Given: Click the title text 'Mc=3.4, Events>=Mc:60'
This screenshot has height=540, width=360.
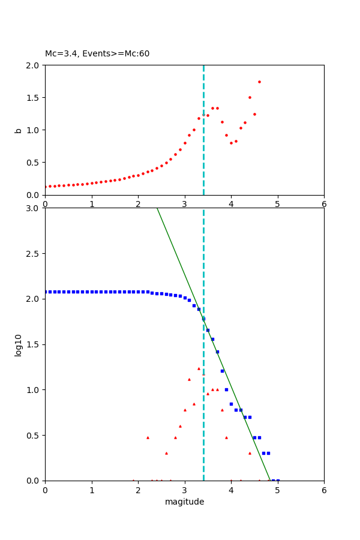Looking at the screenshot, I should point(97,54).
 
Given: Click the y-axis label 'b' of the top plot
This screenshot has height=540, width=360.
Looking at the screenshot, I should point(18,130).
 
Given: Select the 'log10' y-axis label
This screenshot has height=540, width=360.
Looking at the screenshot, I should point(18,345).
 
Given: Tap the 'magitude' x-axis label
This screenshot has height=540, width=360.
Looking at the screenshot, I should point(184,502).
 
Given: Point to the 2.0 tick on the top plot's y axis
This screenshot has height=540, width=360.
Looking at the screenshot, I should point(34,65).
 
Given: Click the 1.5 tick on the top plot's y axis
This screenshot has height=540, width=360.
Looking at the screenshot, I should point(34,97).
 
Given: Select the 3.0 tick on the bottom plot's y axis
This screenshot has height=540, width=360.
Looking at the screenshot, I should point(34,208).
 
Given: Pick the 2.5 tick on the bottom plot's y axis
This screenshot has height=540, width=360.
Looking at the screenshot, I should point(34,254).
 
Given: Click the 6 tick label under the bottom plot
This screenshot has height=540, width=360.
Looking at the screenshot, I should point(324,490).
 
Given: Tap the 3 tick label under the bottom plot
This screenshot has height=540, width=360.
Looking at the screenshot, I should point(185,490).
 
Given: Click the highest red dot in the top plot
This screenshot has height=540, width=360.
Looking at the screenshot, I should point(259,82).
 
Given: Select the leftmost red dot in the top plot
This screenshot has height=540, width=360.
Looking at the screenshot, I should point(46,187).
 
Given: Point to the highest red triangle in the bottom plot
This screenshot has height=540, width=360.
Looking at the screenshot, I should point(199,368).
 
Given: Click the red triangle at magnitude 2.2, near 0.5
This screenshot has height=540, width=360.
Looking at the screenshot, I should point(148,437).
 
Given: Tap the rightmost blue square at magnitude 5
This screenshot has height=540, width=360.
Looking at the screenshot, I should point(278,481).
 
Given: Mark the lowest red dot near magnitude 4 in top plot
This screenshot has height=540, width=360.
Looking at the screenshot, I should point(231,143).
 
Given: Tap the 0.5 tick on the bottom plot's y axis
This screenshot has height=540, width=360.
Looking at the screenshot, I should point(34,435).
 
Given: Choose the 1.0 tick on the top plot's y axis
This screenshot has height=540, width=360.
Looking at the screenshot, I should point(34,130).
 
